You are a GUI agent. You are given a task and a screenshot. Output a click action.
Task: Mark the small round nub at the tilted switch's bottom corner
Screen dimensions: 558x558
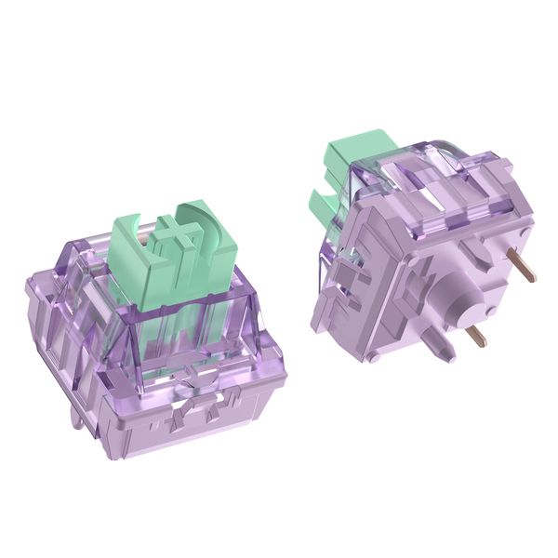[372, 357]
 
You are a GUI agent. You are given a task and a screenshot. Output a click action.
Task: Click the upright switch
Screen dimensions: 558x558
[167, 325]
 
